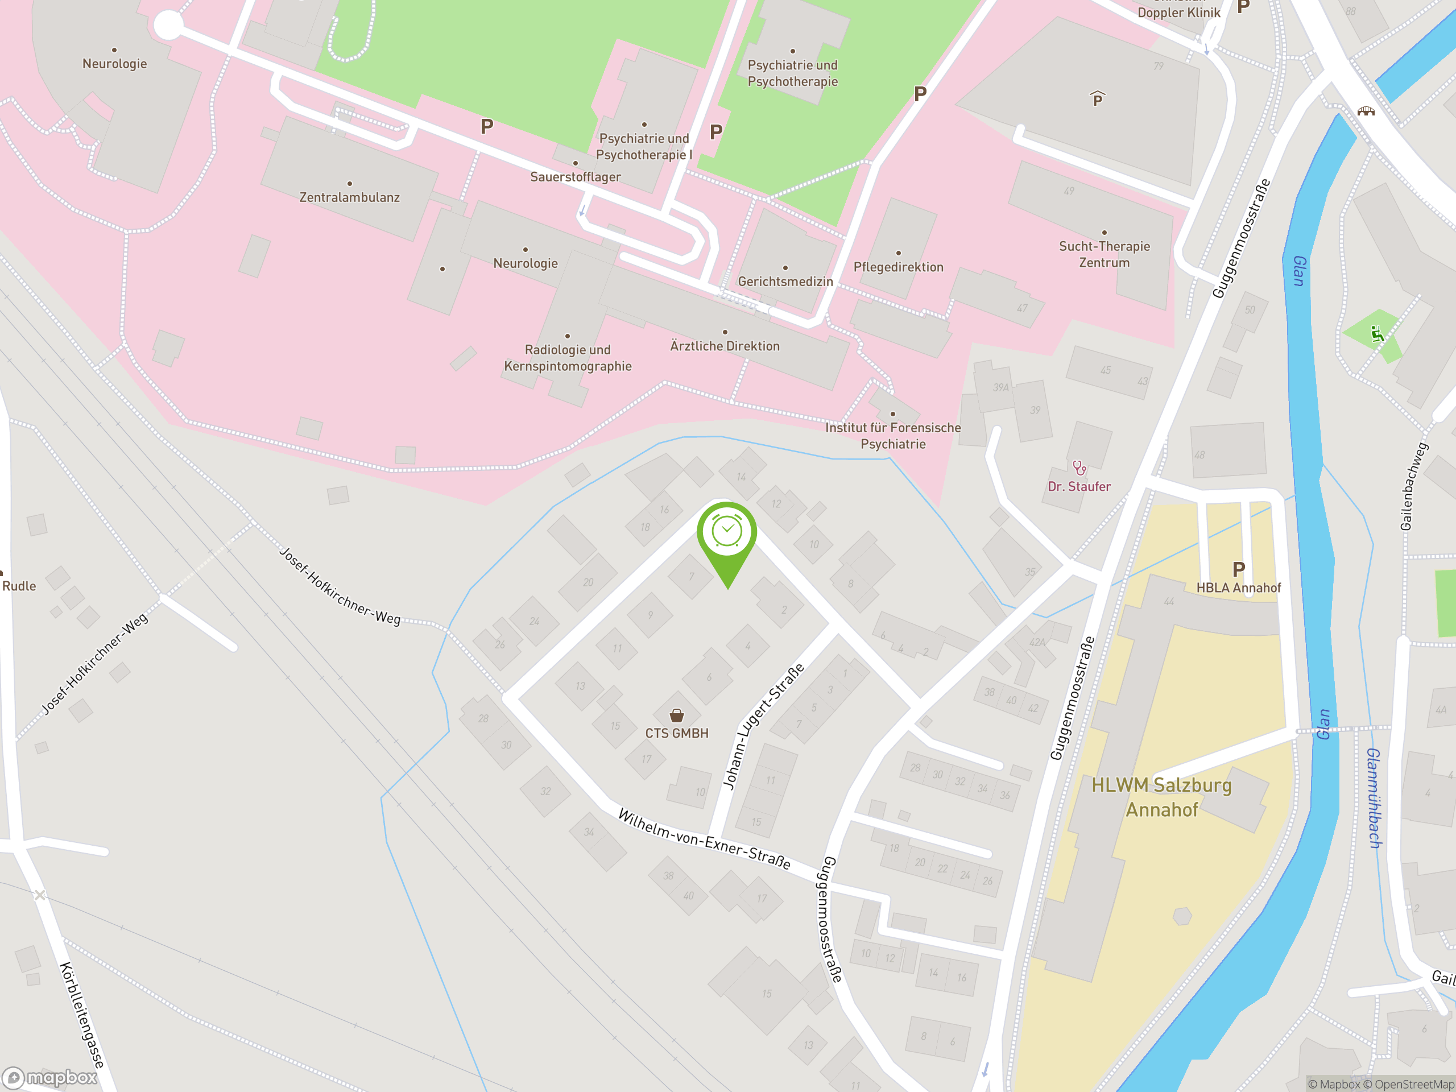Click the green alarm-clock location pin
pos(727,533)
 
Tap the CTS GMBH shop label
pos(677,733)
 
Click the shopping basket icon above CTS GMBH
pos(677,715)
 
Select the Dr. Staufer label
pos(1079,486)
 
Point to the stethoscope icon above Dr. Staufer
pos(1079,468)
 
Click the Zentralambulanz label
pos(350,197)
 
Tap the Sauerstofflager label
pos(576,177)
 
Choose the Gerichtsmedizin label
pos(785,282)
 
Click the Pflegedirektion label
pos(898,267)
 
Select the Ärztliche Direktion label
pos(725,346)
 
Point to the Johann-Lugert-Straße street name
pos(763,726)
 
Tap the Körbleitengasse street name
pos(82,1014)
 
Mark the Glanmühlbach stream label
pos(1374,798)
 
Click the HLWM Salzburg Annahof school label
pos(1162,797)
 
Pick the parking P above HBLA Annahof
pos(1239,569)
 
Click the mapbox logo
pos(50,1078)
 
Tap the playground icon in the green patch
pos(1376,334)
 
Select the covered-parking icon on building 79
pos(1097,99)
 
